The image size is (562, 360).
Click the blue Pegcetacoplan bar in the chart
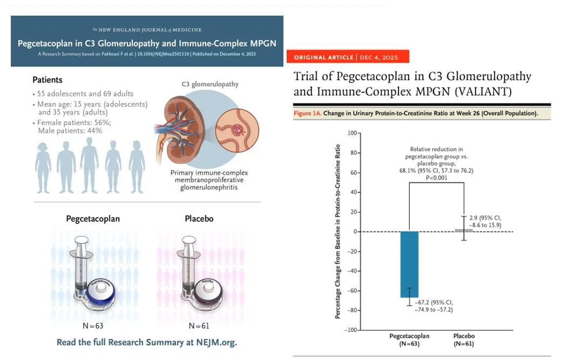point(409,264)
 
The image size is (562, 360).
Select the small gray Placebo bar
point(463,230)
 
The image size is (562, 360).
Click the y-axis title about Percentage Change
point(338,231)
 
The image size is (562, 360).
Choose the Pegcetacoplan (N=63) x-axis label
point(409,339)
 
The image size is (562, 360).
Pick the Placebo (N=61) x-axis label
point(463,339)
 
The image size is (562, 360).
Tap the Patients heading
point(48,80)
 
